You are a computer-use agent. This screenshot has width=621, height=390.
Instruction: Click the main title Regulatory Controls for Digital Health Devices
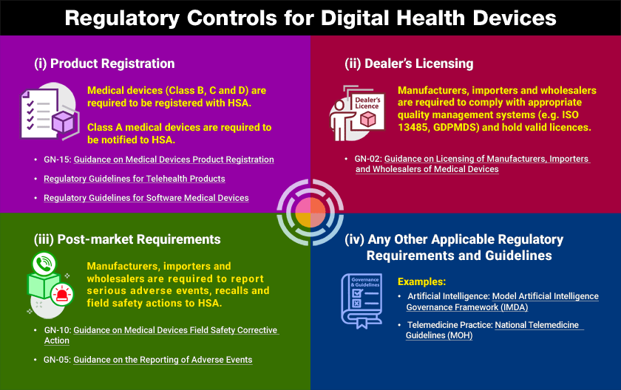[310, 18]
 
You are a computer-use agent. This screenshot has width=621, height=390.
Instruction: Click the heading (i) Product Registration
[104, 63]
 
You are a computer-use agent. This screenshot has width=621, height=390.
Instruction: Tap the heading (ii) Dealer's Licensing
[409, 63]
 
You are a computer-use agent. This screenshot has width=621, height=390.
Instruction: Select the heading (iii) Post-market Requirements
[127, 239]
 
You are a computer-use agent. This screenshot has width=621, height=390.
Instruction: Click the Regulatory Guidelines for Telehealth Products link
[135, 179]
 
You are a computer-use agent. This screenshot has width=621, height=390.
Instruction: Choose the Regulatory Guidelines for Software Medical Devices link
[146, 198]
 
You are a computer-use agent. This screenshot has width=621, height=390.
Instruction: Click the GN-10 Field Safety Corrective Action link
[175, 330]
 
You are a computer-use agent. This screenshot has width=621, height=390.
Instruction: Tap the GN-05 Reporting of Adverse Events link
[163, 360]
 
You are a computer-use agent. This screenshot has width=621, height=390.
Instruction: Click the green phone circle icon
[44, 263]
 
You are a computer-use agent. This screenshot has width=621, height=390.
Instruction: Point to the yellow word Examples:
[421, 281]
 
